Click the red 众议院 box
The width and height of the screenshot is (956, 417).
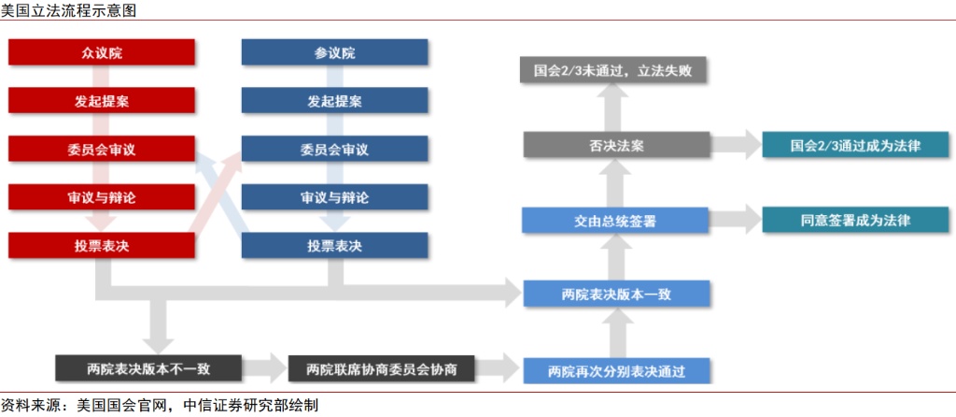pyautogui.click(x=102, y=52)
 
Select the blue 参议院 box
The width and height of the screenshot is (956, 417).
pyautogui.click(x=334, y=52)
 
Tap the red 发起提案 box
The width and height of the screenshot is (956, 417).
pyautogui.click(x=102, y=101)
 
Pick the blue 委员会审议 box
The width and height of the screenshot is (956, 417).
pyautogui.click(x=334, y=150)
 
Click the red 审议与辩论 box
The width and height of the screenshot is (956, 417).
pyautogui.click(x=102, y=197)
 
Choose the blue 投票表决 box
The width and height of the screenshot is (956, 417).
pyautogui.click(x=334, y=246)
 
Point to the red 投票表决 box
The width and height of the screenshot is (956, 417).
pyautogui.click(x=102, y=246)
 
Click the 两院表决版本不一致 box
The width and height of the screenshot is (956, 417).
pyautogui.click(x=148, y=368)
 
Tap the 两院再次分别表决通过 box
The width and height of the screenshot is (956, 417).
pyautogui.click(x=616, y=370)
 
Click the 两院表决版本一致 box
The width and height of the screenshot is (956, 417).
pyautogui.click(x=616, y=294)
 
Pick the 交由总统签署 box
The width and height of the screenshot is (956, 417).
pyautogui.click(x=616, y=221)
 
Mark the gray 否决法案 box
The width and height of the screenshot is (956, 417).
pyautogui.click(x=616, y=146)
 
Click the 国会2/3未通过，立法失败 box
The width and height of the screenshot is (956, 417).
pyautogui.click(x=616, y=70)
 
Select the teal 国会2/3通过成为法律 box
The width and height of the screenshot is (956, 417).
pyautogui.click(x=856, y=146)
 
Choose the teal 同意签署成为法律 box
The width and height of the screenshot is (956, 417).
pyautogui.click(x=856, y=221)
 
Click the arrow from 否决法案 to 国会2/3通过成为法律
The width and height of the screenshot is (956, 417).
pyautogui.click(x=736, y=146)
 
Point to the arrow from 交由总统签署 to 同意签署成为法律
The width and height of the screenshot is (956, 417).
pyautogui.click(x=736, y=221)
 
